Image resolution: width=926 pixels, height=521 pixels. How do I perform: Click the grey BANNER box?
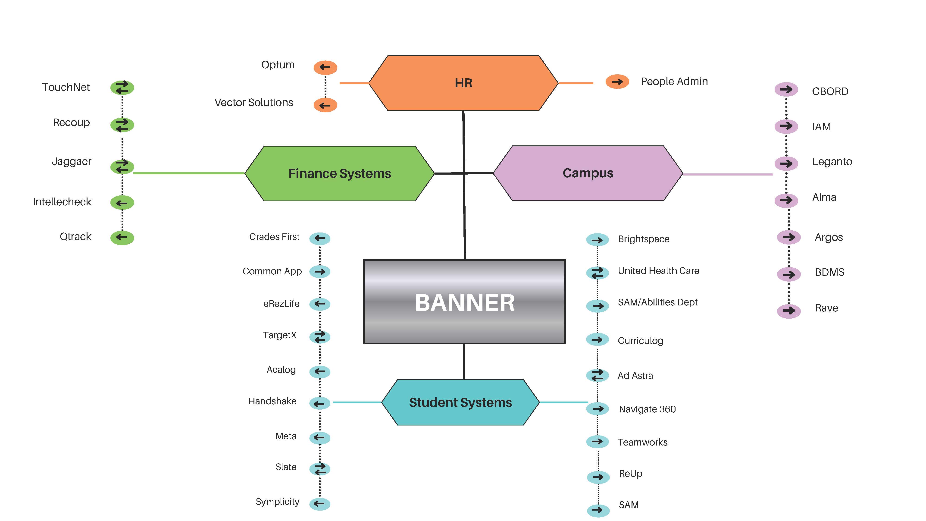[x=464, y=302]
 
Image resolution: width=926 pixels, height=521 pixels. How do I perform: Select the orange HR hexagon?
[x=463, y=83]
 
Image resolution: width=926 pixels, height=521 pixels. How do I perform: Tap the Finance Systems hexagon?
[x=339, y=173]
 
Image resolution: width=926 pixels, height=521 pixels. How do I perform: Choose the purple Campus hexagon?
[x=588, y=173]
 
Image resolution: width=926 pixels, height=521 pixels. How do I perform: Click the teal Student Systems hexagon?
[x=460, y=402]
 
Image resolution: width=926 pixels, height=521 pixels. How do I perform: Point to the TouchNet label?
[x=66, y=87]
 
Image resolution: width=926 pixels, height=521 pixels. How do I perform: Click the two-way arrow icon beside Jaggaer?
[x=122, y=166]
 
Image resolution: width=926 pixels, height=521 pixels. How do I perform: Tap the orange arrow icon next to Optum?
[x=325, y=67]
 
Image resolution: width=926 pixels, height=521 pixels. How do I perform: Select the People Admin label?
[x=674, y=82]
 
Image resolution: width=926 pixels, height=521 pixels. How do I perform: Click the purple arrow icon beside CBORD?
[x=786, y=90]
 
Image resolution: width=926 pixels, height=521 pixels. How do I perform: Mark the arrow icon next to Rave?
[x=789, y=311]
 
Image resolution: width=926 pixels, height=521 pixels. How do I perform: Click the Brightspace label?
[x=644, y=239]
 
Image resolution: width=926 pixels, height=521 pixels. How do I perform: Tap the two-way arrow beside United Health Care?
[x=598, y=273]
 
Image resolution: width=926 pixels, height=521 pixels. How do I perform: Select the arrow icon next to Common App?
[x=319, y=271]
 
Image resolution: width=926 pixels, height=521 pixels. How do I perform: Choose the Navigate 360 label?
[x=647, y=409]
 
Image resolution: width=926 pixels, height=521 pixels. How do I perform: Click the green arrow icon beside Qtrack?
[x=122, y=237]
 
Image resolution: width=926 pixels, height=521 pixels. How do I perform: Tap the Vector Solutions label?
[x=253, y=103]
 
